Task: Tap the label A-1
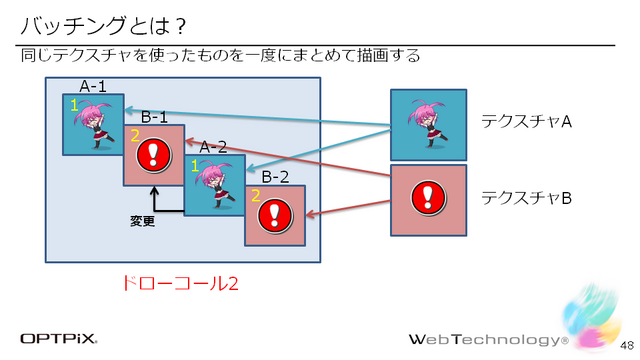(94, 86)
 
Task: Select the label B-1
(154, 116)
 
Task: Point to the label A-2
(214, 146)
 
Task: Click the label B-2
(276, 177)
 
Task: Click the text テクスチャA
(526, 121)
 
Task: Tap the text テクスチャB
(526, 197)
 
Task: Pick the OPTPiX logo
(59, 338)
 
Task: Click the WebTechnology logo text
(487, 338)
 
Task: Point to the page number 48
(622, 344)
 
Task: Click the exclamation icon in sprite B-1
(153, 155)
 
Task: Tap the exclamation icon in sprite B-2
(275, 215)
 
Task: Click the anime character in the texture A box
(427, 120)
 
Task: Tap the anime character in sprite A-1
(93, 126)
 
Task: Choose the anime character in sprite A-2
(213, 184)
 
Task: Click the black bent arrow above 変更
(160, 202)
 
